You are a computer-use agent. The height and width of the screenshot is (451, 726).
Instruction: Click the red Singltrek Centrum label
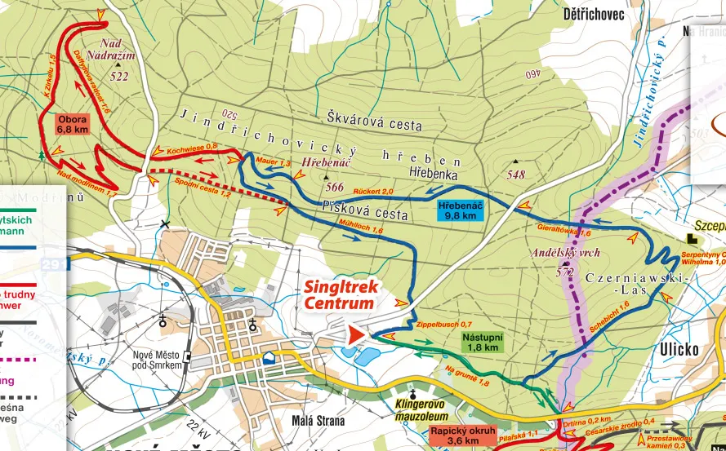click(x=339, y=294)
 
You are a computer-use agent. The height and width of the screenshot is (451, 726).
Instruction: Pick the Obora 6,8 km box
click(x=73, y=124)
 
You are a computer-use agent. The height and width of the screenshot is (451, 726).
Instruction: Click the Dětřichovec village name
click(x=594, y=14)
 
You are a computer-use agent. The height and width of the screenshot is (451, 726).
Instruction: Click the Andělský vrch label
click(x=564, y=252)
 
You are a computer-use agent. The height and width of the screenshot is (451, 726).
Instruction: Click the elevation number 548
click(x=515, y=175)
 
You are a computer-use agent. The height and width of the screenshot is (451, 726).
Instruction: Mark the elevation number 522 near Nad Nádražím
click(x=120, y=77)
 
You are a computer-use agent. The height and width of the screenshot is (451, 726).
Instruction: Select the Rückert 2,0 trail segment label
click(x=373, y=191)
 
